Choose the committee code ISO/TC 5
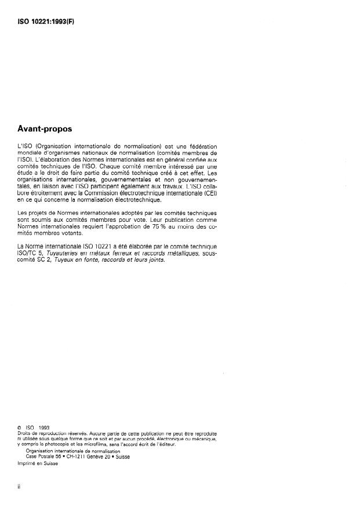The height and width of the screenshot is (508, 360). coord(33,253)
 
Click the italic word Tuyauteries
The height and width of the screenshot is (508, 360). coord(71,253)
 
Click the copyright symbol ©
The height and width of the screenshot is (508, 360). coord(20,428)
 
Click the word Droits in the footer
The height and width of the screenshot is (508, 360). coord(25,433)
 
